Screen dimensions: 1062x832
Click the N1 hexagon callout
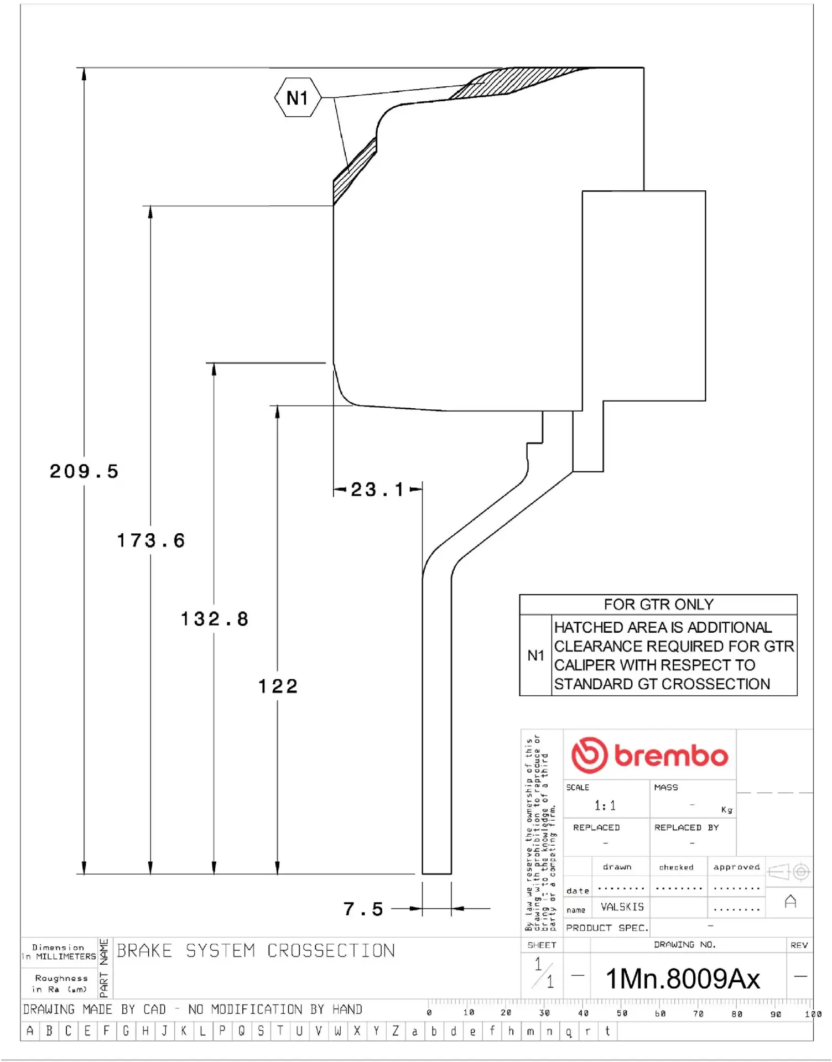click(x=298, y=98)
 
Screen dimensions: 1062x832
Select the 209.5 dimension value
click(x=84, y=471)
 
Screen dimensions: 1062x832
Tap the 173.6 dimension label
click(x=150, y=540)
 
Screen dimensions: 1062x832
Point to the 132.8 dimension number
click(x=215, y=619)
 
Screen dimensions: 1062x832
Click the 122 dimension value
click(x=278, y=686)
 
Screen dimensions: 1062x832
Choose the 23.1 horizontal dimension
click(x=377, y=490)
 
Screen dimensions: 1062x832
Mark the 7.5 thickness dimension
click(x=363, y=909)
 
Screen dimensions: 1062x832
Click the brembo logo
click(x=649, y=755)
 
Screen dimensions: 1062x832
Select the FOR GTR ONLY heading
click(x=658, y=605)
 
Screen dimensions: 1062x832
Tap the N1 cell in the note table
click(x=535, y=655)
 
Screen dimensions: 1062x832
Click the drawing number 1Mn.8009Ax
click(x=683, y=978)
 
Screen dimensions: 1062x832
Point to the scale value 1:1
click(x=605, y=805)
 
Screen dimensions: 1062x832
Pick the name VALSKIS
click(x=622, y=907)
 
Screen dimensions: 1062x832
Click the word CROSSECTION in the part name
click(x=331, y=951)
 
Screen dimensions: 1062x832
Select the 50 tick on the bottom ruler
click(x=622, y=1013)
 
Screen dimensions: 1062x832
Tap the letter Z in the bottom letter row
click(x=396, y=1031)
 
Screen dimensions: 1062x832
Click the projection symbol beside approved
click(x=789, y=872)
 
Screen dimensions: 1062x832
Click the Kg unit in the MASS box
click(x=726, y=810)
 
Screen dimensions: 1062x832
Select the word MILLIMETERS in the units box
click(x=66, y=956)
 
